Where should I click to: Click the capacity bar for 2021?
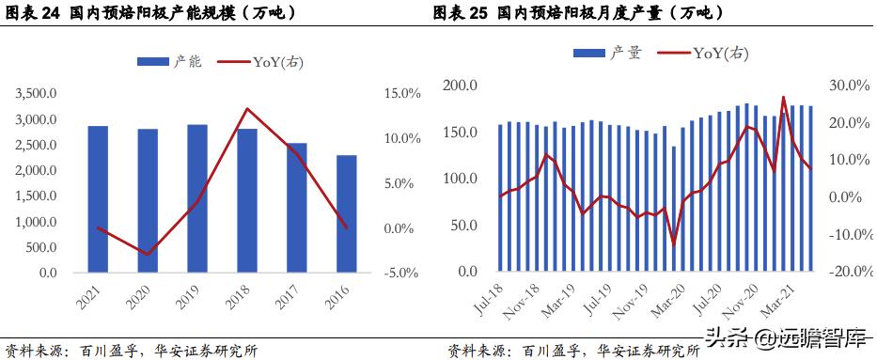99,199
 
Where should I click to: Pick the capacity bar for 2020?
149,200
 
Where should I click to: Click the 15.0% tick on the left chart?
401,93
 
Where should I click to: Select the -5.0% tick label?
401,273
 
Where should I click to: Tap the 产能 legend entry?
170,61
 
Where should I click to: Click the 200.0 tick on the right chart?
461,86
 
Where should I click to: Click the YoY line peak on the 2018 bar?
246,108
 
